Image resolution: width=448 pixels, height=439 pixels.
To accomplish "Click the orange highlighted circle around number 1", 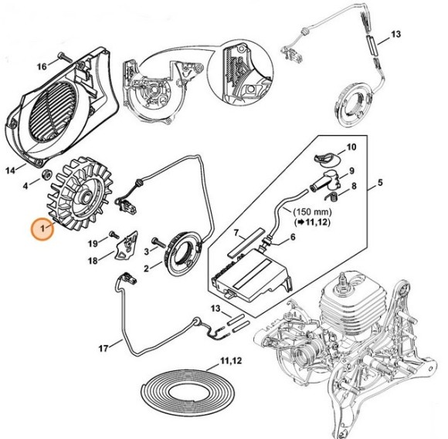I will pos(42,229).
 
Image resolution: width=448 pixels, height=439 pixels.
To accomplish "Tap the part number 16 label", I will pos(42,56).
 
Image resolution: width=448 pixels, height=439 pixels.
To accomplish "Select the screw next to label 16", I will pos(65,57).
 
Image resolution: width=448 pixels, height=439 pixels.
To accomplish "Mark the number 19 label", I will pos(92,244).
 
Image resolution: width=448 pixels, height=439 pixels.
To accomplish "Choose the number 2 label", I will pos(147,268).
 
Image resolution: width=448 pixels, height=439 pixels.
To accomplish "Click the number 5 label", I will pos(379,185).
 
